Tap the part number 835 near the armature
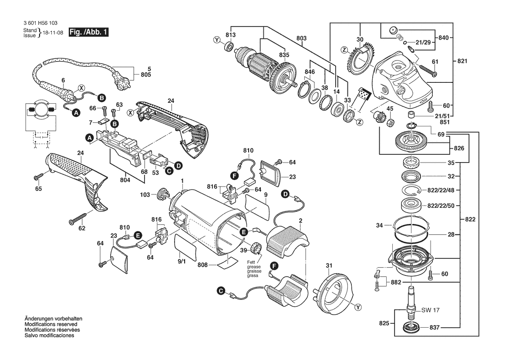pos(284,55)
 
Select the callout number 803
pos(301,39)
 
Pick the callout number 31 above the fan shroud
pos(329,266)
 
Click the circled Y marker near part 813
pos(217,40)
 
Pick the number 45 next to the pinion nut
pos(390,109)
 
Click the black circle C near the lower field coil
pos(221,290)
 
